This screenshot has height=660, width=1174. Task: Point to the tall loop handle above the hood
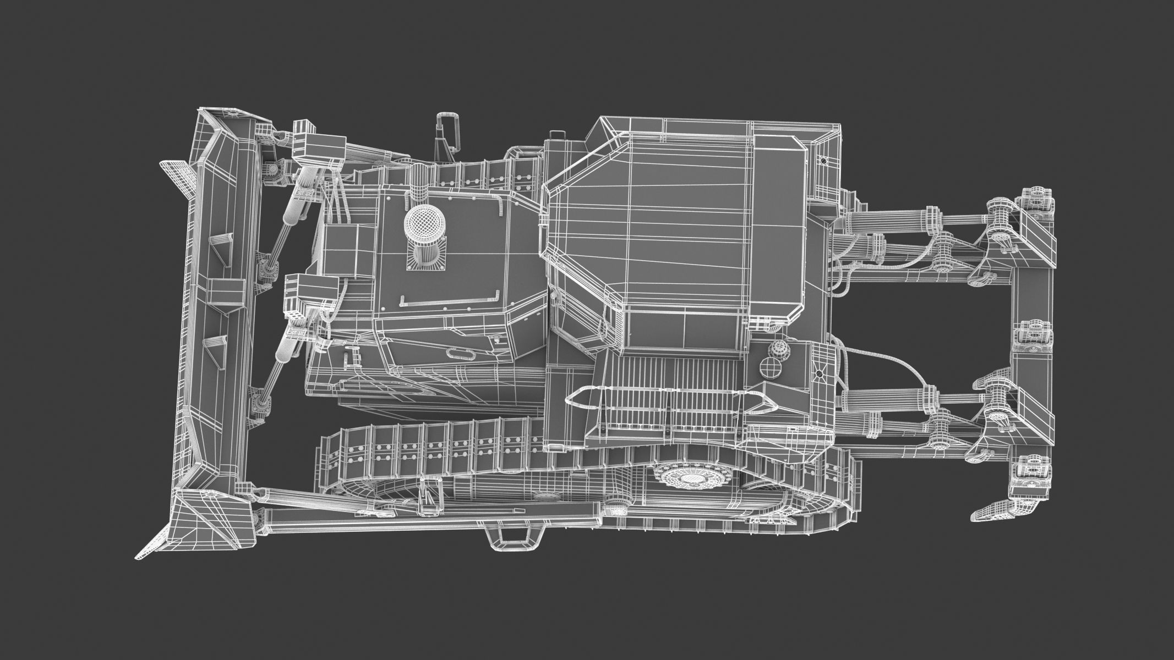click(447, 135)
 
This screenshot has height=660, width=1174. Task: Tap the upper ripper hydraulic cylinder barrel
click(881, 220)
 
